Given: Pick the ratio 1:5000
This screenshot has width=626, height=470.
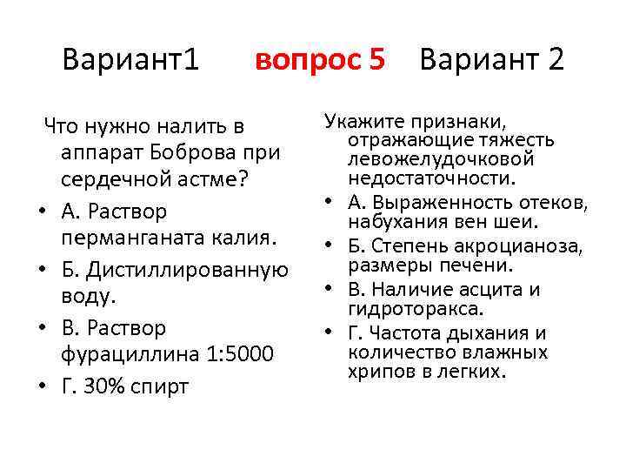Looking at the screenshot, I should tap(237, 355).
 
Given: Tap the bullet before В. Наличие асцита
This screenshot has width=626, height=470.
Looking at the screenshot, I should tap(331, 289).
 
